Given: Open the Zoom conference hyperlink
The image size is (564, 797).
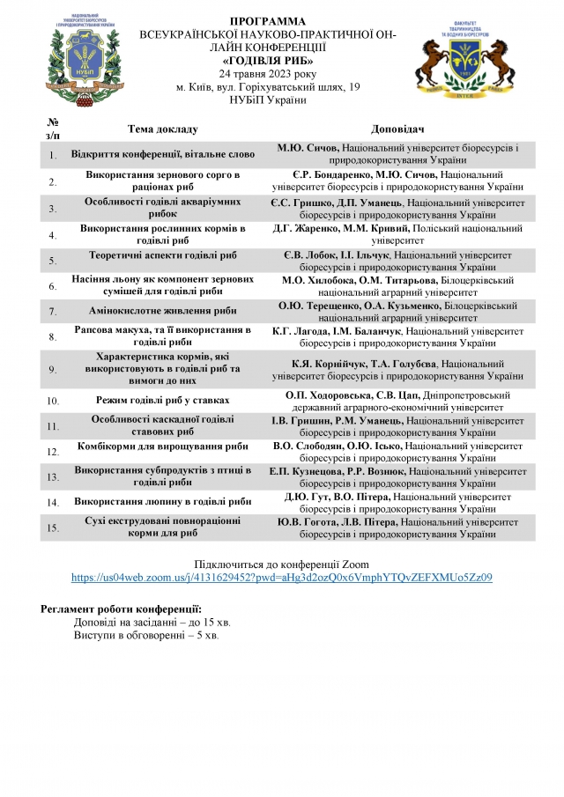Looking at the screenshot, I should click(281, 578).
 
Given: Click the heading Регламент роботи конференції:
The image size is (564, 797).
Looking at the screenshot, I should click(121, 609).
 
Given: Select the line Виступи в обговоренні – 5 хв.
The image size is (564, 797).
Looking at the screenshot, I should click(146, 634).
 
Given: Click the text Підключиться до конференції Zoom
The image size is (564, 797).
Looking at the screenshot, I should click(281, 564).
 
